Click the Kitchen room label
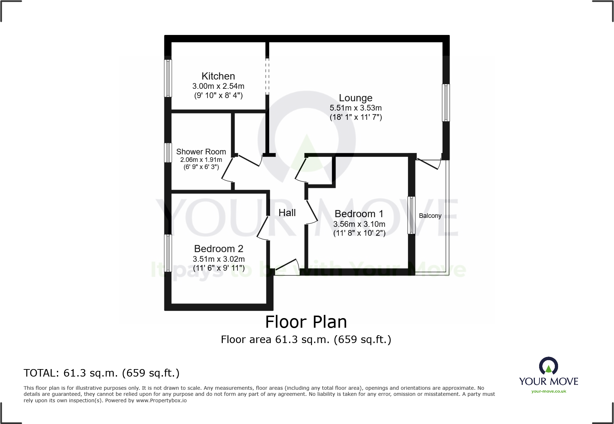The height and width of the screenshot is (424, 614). [x=218, y=76]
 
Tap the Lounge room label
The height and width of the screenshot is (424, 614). [x=355, y=98]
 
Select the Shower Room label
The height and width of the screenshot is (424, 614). [x=201, y=152]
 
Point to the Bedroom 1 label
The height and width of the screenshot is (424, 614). [x=359, y=214]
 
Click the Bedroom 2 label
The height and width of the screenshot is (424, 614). [x=219, y=249]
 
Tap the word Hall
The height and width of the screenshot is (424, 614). [x=287, y=213]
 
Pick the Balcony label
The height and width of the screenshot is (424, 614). [x=430, y=216]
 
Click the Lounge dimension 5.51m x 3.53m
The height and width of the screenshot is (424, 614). [x=355, y=108]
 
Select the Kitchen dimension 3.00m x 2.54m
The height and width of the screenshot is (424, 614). [x=218, y=86]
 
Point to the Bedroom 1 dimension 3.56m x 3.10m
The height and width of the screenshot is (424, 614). [x=359, y=224]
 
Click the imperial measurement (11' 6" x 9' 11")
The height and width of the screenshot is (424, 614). [x=219, y=268]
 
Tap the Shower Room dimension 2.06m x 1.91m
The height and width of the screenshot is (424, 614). [x=201, y=160]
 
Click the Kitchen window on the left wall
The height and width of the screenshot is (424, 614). [x=168, y=78]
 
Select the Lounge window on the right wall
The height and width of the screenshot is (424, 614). [x=446, y=102]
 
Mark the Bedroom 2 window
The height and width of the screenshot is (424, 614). [x=168, y=252]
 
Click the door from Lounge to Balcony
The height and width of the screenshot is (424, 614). [x=429, y=164]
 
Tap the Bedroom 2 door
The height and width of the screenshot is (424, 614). [x=263, y=228]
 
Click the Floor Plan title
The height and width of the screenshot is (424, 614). [x=306, y=322]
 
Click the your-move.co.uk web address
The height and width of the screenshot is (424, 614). [x=548, y=391]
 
